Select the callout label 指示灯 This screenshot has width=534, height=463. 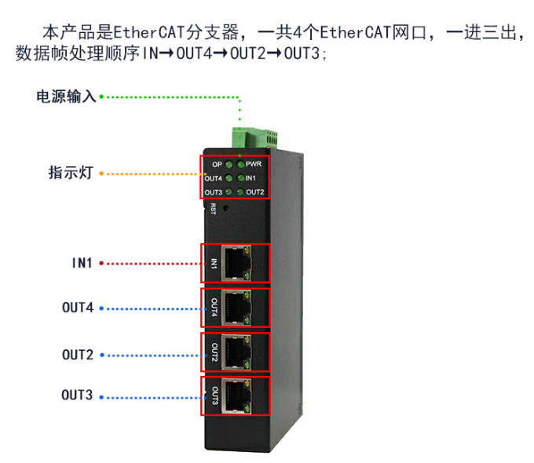pos(71,173)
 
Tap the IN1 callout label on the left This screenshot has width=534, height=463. pos(82,263)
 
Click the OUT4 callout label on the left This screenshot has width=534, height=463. pos(78,308)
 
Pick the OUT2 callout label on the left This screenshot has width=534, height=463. pos(78,355)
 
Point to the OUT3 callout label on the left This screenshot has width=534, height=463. pos(78,396)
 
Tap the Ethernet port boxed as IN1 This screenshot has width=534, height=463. pos(236,262)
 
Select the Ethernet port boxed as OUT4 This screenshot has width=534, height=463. pos(236,308)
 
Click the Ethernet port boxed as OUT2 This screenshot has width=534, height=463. pos(236,352)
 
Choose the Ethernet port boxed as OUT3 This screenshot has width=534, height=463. pos(236,397)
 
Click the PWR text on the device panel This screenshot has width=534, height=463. pos(254,165)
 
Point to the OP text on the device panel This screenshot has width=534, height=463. pos(218,165)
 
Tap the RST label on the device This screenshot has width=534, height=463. pos(213,208)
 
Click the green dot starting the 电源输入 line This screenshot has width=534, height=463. pos(102,97)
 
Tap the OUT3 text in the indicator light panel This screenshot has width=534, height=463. pos(213,192)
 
